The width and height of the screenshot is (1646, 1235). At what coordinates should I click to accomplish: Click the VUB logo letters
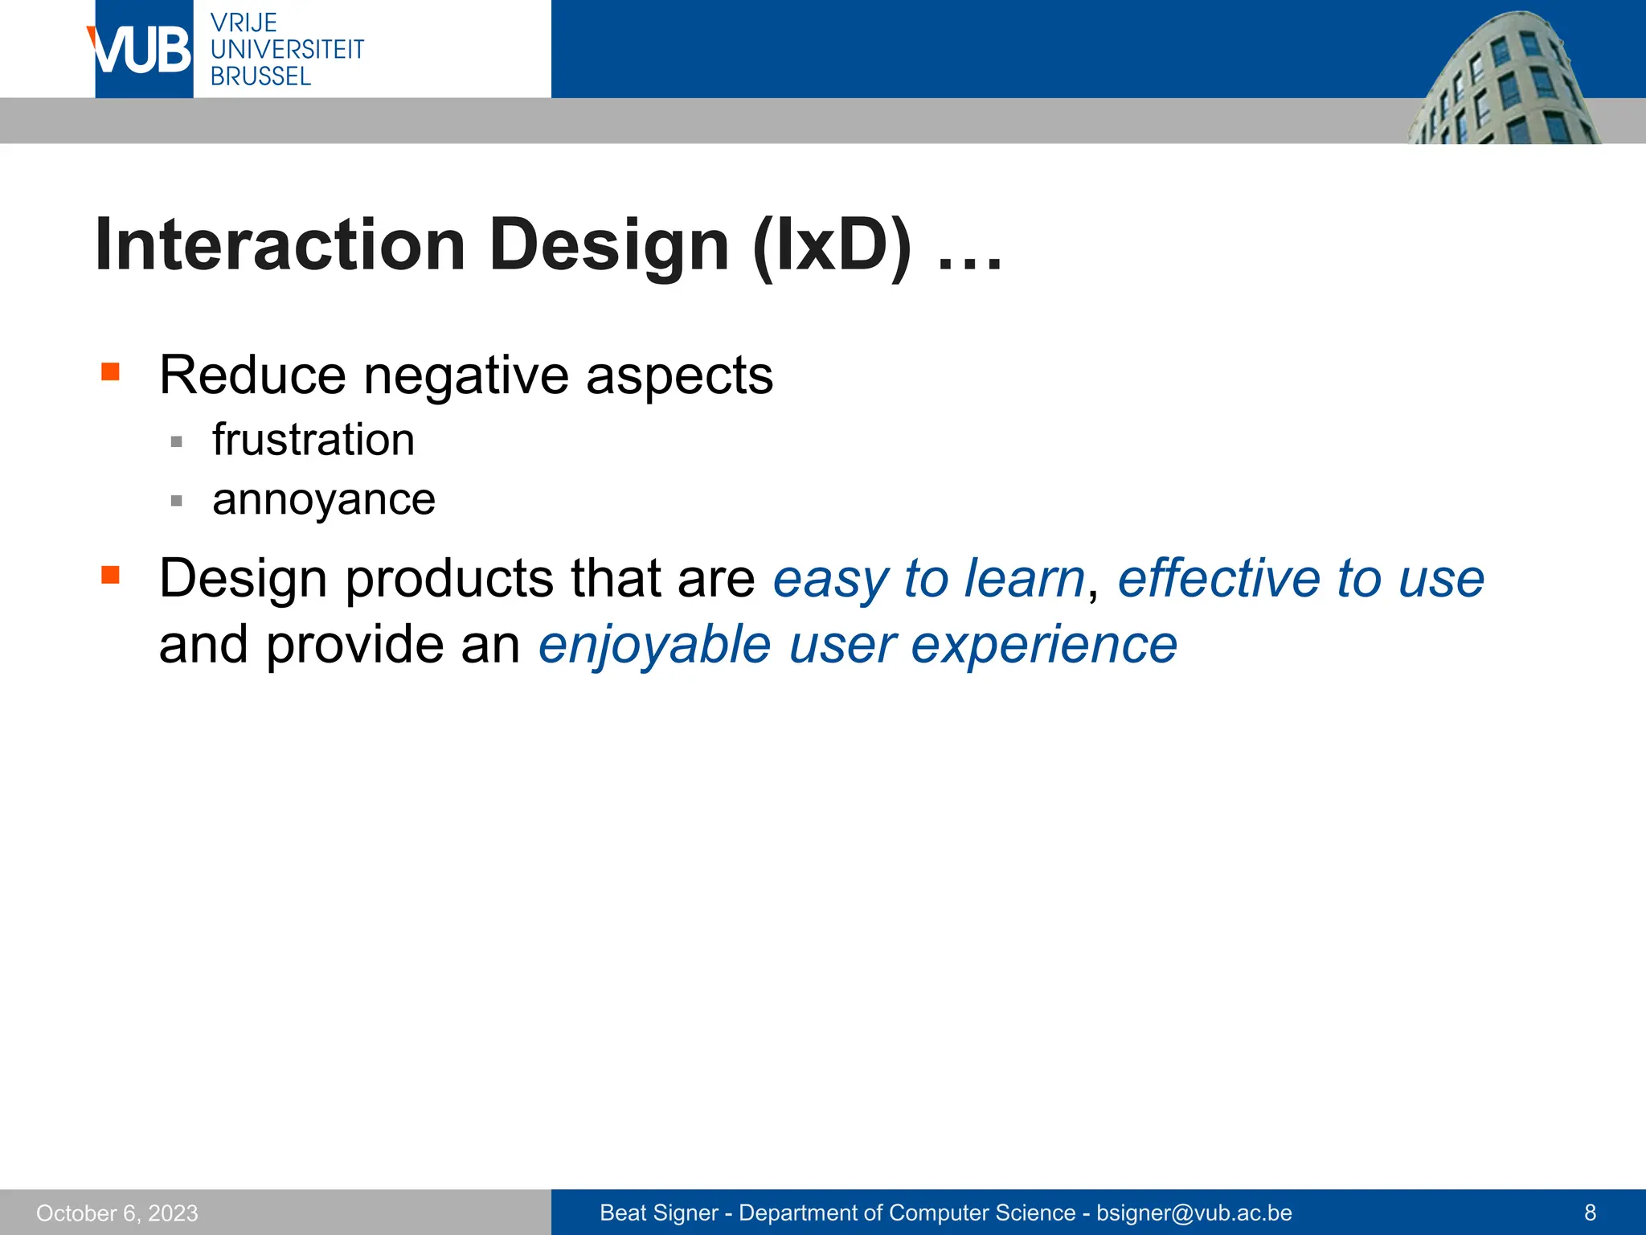click(x=141, y=50)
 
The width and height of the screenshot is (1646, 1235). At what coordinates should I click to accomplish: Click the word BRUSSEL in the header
click(x=260, y=76)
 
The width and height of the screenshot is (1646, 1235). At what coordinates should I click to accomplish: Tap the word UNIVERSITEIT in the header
click(x=287, y=50)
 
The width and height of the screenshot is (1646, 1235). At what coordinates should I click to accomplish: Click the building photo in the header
click(x=1503, y=80)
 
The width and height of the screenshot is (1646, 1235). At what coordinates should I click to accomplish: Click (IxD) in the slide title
click(x=832, y=244)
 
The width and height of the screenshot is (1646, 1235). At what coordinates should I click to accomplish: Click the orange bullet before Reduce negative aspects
click(x=110, y=371)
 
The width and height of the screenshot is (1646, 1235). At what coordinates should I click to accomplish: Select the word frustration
click(x=313, y=440)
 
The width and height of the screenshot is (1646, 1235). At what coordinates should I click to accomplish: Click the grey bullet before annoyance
click(x=177, y=501)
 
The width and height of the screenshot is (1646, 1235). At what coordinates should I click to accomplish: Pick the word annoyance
click(x=323, y=500)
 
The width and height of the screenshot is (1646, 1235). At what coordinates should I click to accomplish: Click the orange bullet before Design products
click(x=110, y=575)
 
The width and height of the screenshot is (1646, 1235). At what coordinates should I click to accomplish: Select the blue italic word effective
click(x=1218, y=579)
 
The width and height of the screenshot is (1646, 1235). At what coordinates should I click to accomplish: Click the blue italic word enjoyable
click(x=654, y=645)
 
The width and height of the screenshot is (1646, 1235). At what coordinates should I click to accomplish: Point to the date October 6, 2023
click(x=117, y=1212)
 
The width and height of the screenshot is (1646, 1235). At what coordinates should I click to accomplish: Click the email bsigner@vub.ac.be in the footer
click(x=1194, y=1212)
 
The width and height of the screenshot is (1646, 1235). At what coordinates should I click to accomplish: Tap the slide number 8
click(x=1590, y=1212)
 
